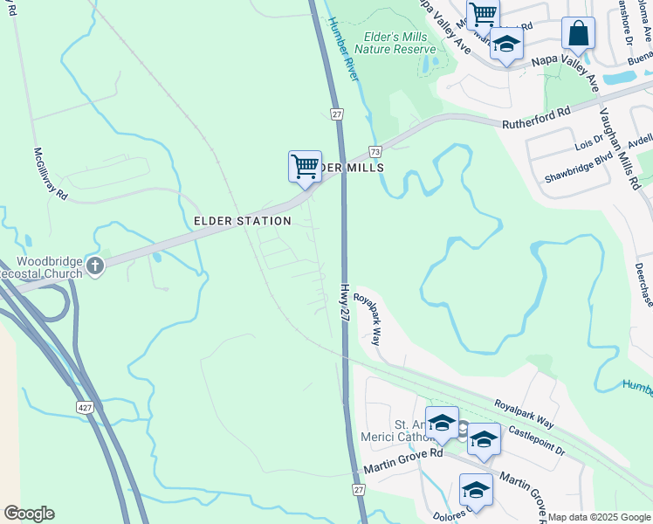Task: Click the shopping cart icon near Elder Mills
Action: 304,166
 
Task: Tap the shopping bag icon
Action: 577,35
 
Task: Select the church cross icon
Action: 95,265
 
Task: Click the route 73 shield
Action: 374,151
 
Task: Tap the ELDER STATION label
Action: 237,222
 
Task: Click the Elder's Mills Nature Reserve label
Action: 394,44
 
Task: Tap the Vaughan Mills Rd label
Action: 618,148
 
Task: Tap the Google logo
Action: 29,514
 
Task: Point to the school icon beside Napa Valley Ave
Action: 505,45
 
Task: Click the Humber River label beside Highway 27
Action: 343,59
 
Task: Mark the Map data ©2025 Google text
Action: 599,517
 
